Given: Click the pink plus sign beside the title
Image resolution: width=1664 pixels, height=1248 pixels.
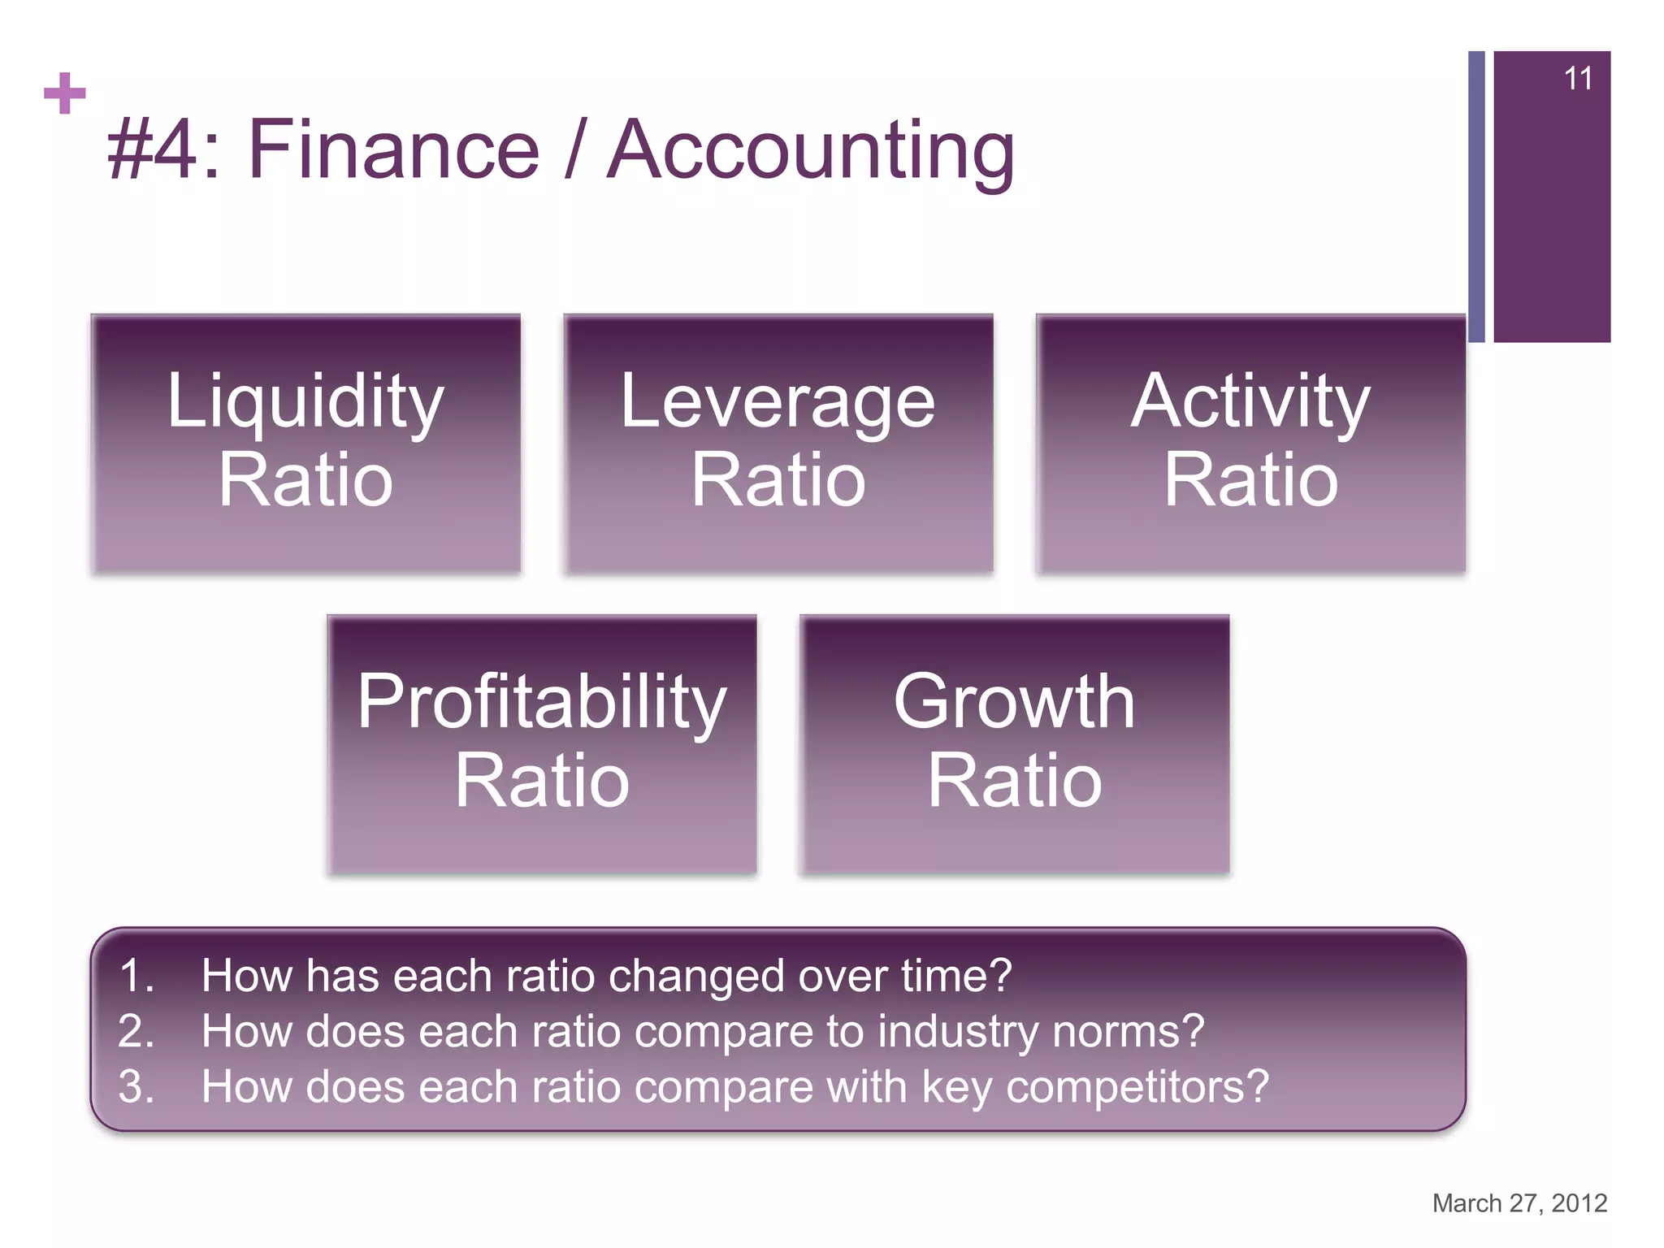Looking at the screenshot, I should (x=65, y=93).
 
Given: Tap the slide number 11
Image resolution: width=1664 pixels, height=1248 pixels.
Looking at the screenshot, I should (x=1577, y=79).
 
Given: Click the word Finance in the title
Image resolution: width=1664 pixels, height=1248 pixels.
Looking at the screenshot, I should (x=393, y=149).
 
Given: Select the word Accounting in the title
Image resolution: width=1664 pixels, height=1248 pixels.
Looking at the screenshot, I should (x=811, y=151).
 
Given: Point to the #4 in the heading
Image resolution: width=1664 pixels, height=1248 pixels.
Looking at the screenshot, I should (x=153, y=149).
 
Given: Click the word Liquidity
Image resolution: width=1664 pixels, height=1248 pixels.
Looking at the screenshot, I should (x=305, y=401).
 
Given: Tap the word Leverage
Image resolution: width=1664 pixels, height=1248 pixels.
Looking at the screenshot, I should (x=778, y=403).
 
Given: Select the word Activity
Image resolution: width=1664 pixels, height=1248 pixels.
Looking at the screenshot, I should (x=1250, y=401).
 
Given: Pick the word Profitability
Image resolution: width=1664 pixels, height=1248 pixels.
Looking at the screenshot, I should (x=542, y=702).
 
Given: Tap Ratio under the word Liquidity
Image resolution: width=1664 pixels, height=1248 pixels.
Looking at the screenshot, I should (x=305, y=480).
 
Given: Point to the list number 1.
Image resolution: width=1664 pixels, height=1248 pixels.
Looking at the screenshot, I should (x=136, y=975).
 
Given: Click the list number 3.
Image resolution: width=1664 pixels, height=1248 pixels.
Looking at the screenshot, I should (x=136, y=1086).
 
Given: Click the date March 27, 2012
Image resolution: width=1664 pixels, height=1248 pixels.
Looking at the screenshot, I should (x=1519, y=1202).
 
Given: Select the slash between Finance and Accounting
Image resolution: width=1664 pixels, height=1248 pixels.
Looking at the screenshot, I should (x=574, y=149).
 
